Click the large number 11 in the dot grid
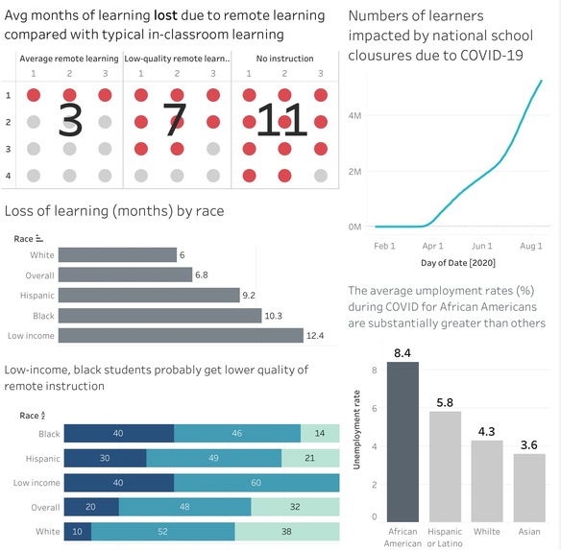pyautogui.click(x=282, y=120)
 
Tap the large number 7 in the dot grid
pyautogui.click(x=173, y=120)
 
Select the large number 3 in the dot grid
pyautogui.click(x=70, y=120)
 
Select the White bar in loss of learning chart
pyautogui.click(x=116, y=254)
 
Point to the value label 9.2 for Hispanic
pyautogui.click(x=248, y=295)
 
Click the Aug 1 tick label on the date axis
pyautogui.click(x=531, y=246)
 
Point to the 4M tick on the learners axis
pyautogui.click(x=354, y=115)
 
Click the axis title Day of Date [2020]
pyautogui.click(x=457, y=262)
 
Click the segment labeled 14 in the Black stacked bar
pyautogui.click(x=320, y=434)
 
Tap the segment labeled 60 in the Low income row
pyautogui.click(x=256, y=482)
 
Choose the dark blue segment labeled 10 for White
pyautogui.click(x=75, y=531)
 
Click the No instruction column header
pyautogui.click(x=285, y=60)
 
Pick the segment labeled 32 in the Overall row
pyautogui.click(x=295, y=506)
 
